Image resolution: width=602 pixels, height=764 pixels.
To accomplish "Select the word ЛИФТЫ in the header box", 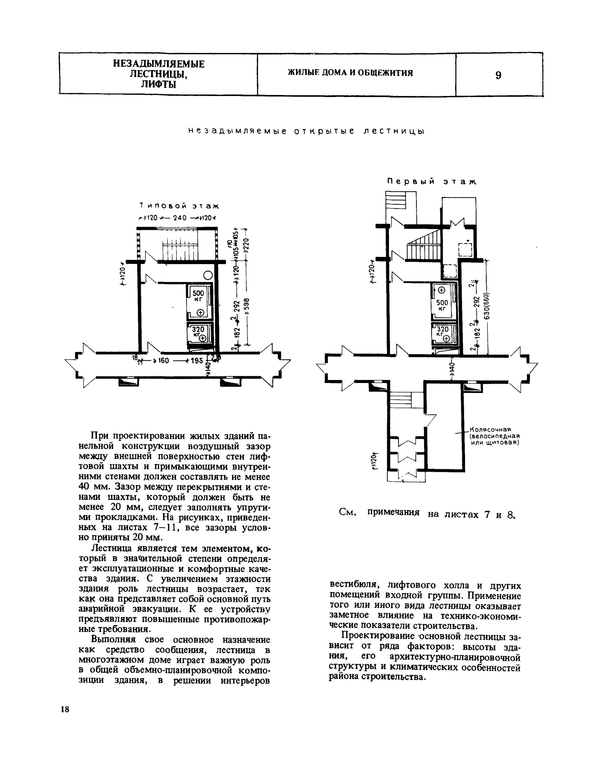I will [158, 85].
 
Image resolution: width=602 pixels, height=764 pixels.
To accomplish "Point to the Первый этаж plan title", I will [431, 182].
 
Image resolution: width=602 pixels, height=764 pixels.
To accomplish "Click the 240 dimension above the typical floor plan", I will [179, 218].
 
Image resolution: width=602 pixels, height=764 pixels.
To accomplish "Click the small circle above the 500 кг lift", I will [208, 275].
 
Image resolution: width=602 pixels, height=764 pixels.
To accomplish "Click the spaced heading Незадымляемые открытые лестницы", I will [306, 131].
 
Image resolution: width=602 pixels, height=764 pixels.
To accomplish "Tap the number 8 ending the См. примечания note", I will [510, 515].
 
